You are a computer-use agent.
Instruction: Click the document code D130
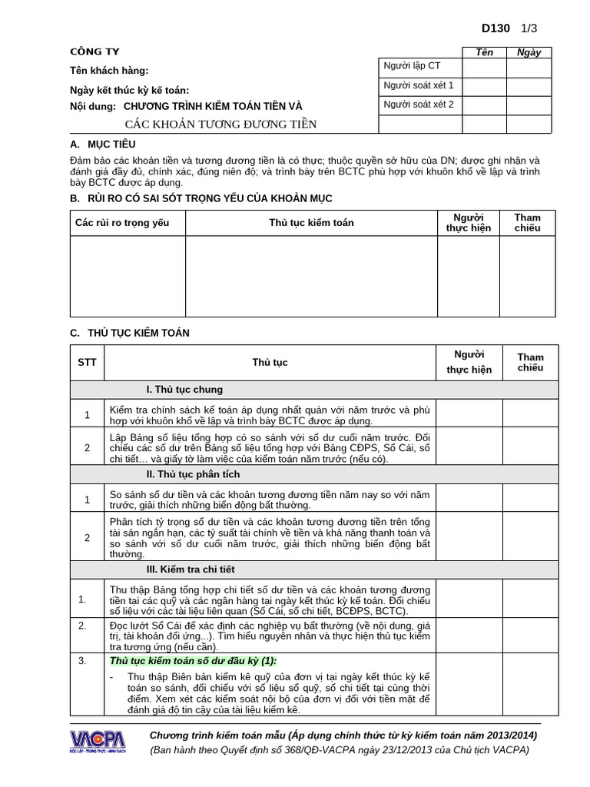click(x=496, y=28)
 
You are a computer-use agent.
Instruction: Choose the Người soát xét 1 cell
click(x=418, y=85)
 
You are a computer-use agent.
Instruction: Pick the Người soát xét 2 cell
click(x=418, y=105)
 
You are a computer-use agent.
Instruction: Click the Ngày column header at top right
click(x=529, y=52)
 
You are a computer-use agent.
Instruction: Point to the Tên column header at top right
click(x=484, y=52)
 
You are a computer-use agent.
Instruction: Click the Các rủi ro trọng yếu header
click(x=121, y=223)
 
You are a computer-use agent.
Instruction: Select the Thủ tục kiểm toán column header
click(x=311, y=223)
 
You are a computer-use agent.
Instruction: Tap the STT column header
click(x=87, y=362)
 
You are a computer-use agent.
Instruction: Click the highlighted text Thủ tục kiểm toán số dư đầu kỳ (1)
click(x=193, y=661)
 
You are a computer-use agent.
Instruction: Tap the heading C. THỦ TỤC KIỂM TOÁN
click(x=129, y=333)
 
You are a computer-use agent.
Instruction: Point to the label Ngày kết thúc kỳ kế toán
click(x=129, y=90)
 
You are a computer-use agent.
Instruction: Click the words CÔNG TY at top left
click(x=94, y=52)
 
